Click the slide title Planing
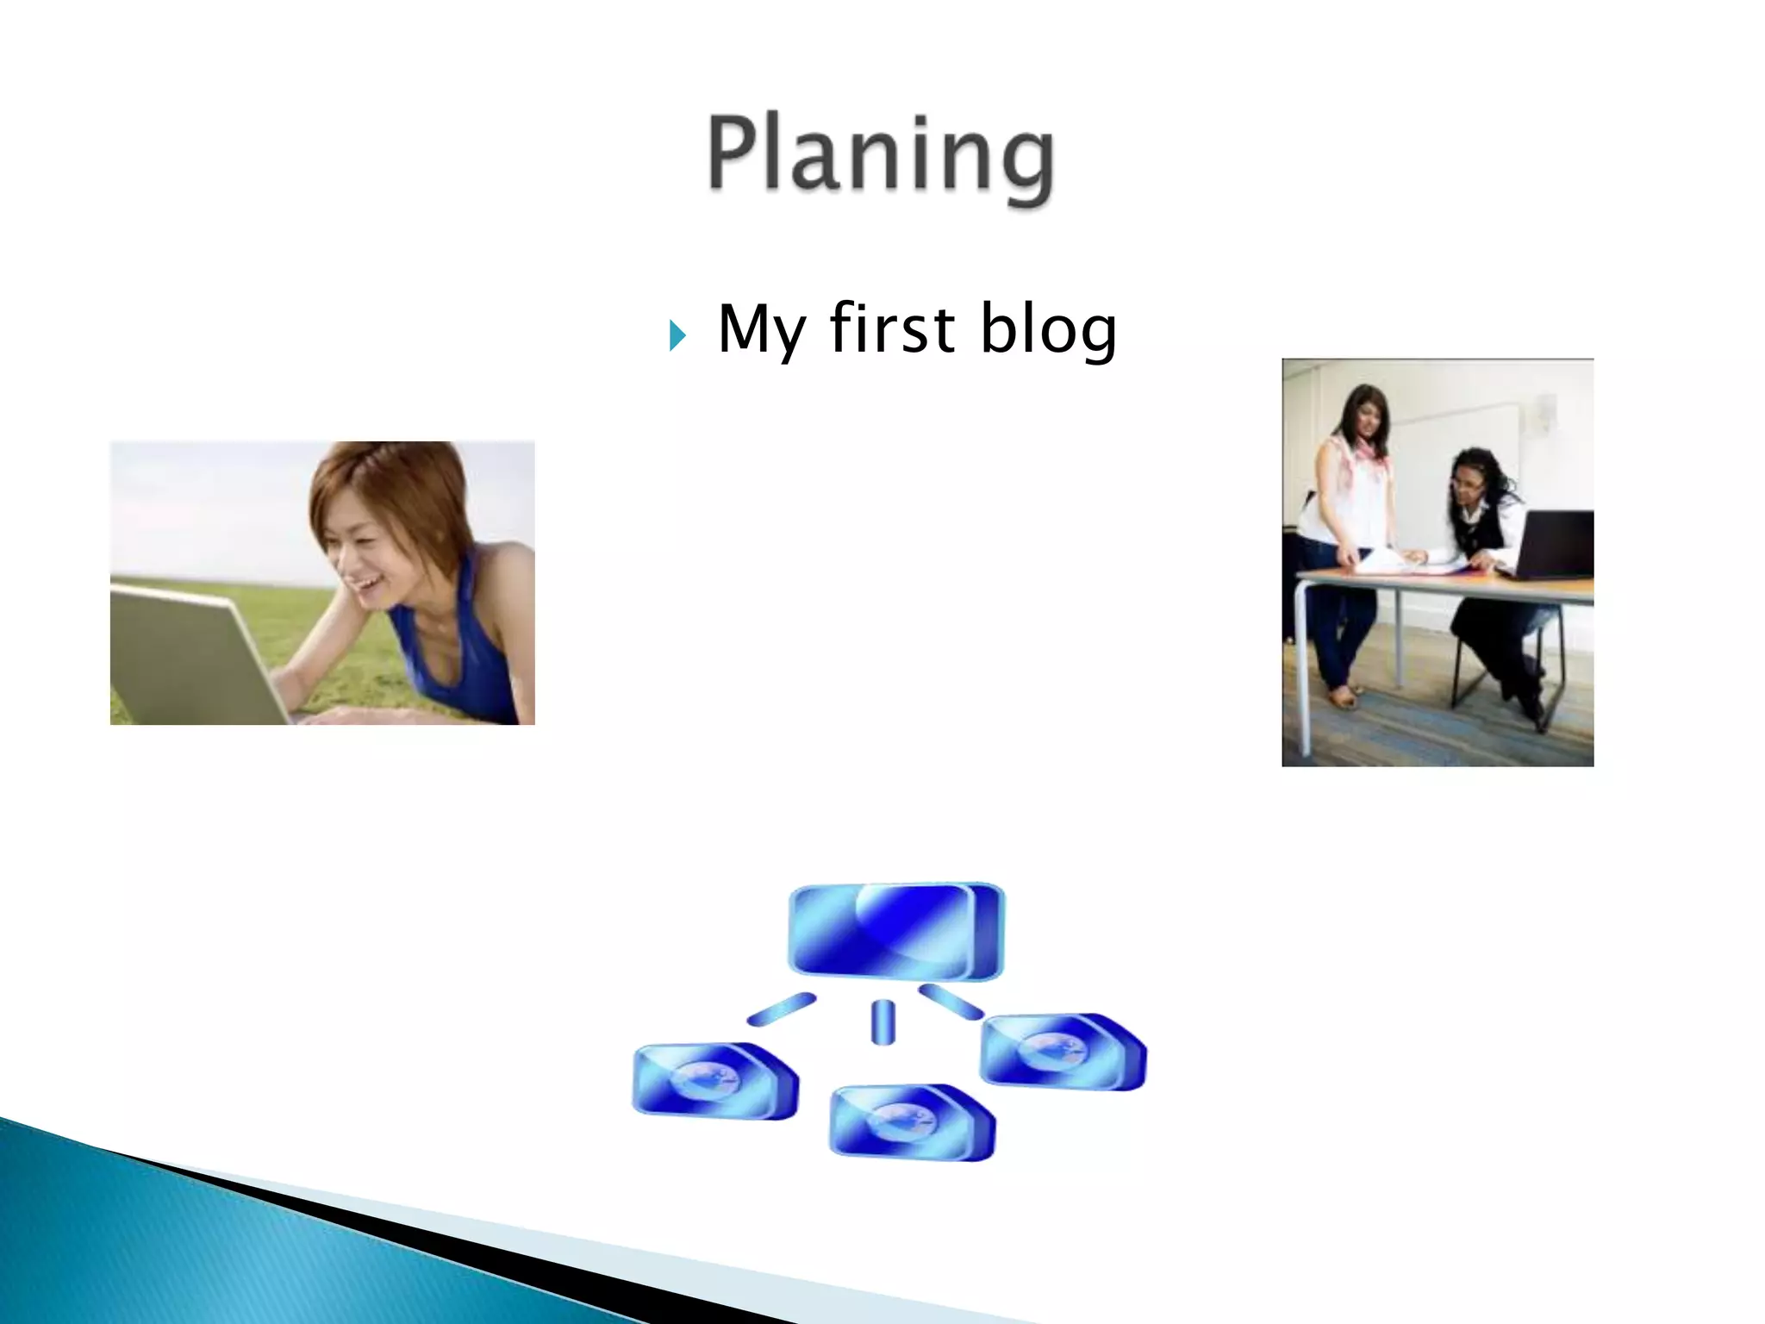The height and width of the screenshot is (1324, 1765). click(881, 155)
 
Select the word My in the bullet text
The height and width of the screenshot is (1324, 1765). click(761, 330)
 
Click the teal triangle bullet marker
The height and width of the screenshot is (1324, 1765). click(677, 335)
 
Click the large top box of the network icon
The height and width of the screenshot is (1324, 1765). click(896, 931)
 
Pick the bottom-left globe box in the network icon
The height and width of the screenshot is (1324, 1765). click(715, 1081)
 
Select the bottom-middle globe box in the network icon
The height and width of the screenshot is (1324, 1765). click(912, 1121)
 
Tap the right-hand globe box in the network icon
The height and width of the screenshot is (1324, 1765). click(1063, 1051)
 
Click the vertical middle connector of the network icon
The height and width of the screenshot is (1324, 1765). click(882, 1022)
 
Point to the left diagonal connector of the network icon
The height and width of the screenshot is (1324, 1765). click(781, 1009)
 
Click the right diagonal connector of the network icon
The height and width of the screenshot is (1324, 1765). click(951, 1002)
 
